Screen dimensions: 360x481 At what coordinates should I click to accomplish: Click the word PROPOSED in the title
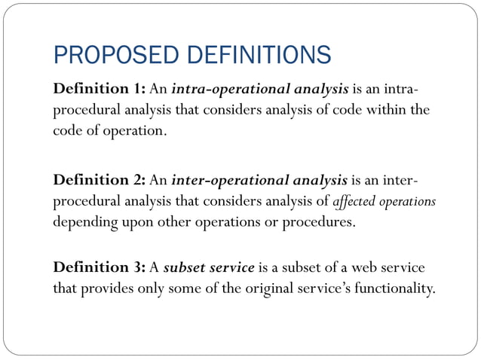pyautogui.click(x=100, y=56)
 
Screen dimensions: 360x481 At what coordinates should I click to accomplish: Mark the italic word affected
pyautogui.click(x=353, y=202)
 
